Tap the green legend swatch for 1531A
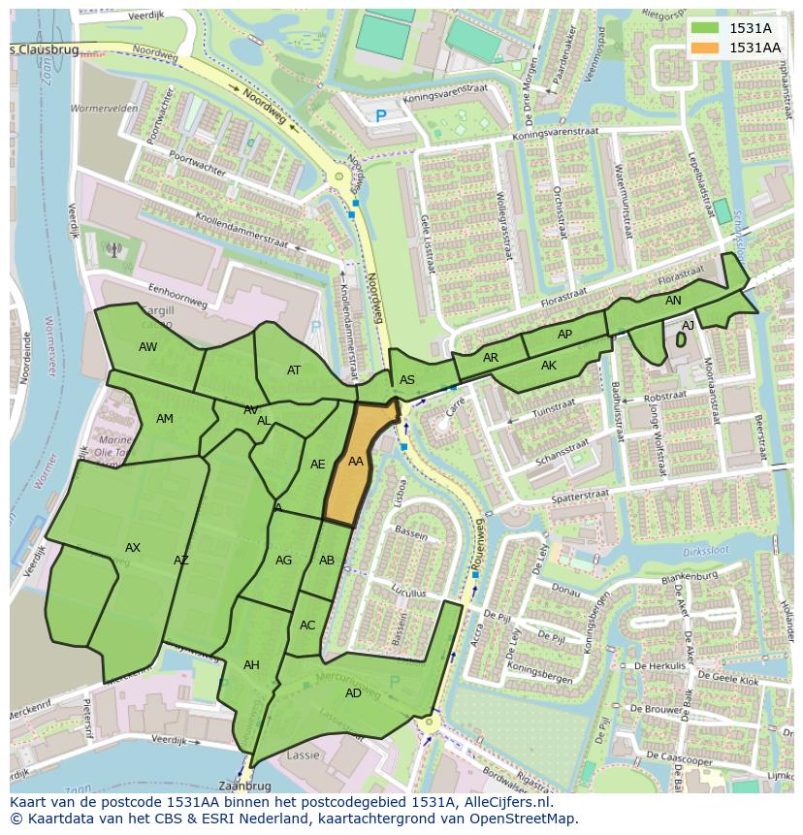click(x=705, y=27)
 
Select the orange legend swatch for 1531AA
click(x=705, y=47)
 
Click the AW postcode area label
click(x=147, y=347)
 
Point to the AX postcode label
click(x=133, y=548)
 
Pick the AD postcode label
click(x=353, y=692)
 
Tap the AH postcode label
click(x=251, y=664)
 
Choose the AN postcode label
click(x=673, y=301)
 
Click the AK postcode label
click(x=549, y=366)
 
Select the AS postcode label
click(x=407, y=380)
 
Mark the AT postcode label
click(x=294, y=369)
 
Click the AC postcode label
click(x=307, y=626)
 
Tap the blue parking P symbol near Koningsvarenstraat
click(x=380, y=116)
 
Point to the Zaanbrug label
click(x=243, y=786)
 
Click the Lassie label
click(x=304, y=755)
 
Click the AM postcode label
click(x=165, y=418)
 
